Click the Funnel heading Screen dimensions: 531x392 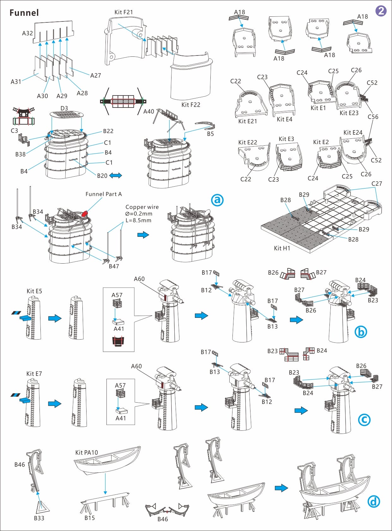point(24,13)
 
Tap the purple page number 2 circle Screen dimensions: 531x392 point(381,11)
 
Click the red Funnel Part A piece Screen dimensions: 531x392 point(85,214)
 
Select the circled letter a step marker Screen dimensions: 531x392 point(217,200)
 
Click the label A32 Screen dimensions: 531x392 point(27,33)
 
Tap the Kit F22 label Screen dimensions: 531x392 point(190,105)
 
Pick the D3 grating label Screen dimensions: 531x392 point(64,108)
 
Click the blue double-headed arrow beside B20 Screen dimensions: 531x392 point(116,176)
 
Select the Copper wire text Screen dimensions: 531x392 point(142,207)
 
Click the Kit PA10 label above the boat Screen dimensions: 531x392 point(87,452)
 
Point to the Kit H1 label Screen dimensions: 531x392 point(282,248)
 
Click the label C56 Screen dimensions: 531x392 point(373,117)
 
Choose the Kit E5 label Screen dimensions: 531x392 point(34,291)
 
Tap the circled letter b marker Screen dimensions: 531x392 point(361,332)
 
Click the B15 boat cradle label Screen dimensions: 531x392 point(89,518)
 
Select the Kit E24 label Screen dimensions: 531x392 point(353,132)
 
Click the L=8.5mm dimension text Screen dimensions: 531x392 point(138,220)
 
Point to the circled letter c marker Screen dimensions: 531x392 point(364,420)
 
